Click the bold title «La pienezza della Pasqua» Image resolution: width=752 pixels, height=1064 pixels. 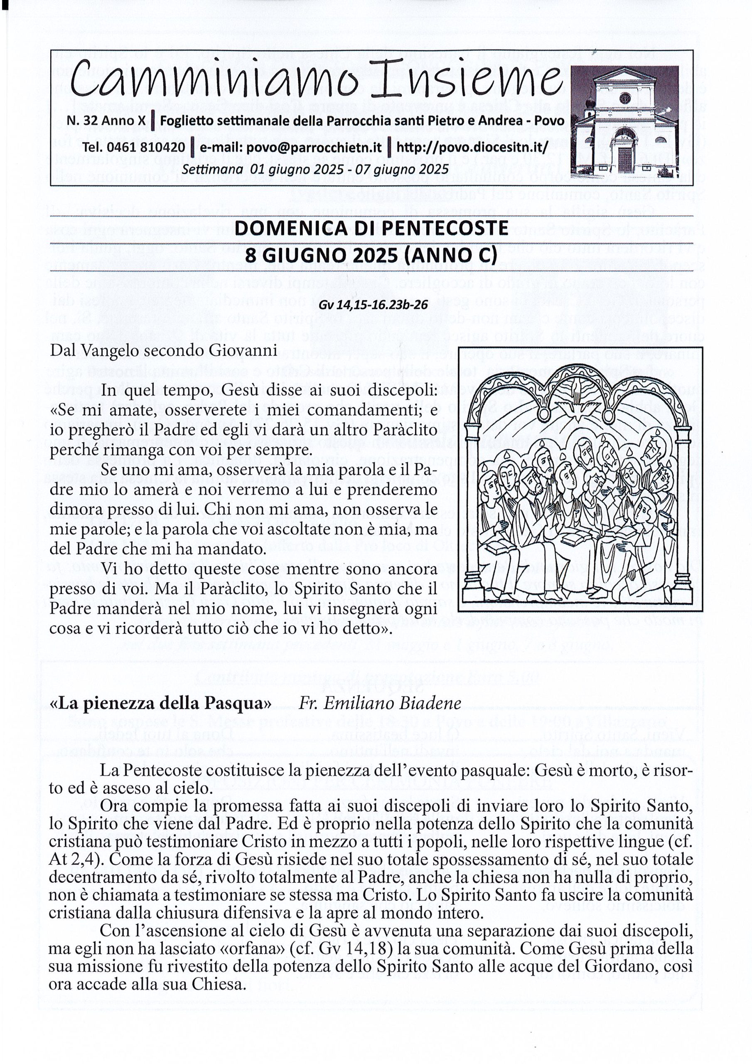(x=160, y=703)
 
